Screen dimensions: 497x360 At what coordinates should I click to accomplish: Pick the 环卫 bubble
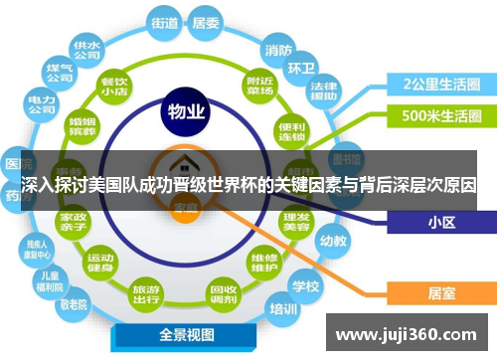click(301, 69)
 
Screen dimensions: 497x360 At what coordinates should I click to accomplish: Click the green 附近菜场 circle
click(260, 87)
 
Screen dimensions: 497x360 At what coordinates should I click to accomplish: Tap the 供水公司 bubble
click(85, 49)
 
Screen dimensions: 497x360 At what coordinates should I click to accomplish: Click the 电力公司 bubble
click(41, 104)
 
